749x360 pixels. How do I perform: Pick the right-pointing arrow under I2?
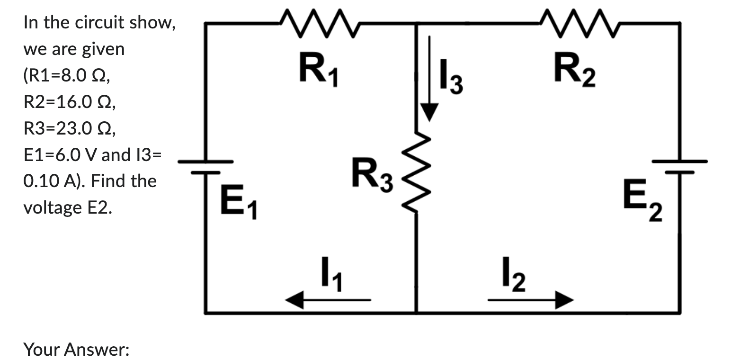pos(531,300)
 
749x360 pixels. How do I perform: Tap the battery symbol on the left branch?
pos(206,166)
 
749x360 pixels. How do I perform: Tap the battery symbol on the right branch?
pos(680,166)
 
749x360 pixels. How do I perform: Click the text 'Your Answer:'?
pos(76,350)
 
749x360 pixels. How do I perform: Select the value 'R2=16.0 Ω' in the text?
pos(69,102)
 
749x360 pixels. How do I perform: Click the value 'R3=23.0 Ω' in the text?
pos(69,128)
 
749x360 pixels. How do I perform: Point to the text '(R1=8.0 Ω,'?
pos(67,75)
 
